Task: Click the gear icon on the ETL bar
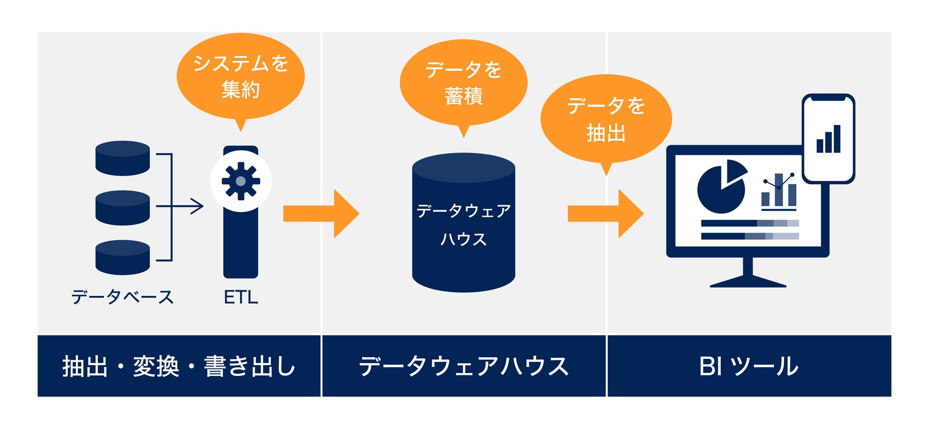tap(241, 181)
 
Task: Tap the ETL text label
tap(241, 297)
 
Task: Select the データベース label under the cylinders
tap(122, 297)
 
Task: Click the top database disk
tap(123, 158)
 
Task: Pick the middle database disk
tap(123, 207)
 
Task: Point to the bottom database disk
tap(123, 257)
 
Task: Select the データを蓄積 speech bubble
tap(464, 83)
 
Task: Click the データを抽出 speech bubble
tap(606, 119)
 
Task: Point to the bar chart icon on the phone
tap(828, 139)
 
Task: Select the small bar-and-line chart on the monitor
tap(779, 191)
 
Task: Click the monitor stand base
tap(748, 282)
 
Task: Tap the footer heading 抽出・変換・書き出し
tap(179, 366)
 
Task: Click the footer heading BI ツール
tap(748, 366)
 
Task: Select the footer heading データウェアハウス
tap(464, 366)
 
